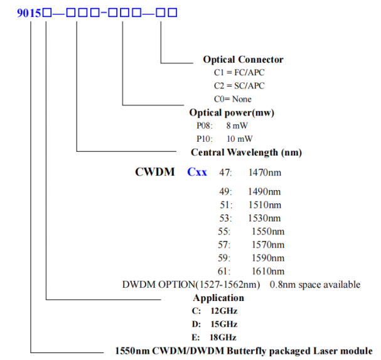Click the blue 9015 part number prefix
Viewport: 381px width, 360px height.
click(29, 13)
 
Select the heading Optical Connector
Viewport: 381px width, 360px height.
click(244, 60)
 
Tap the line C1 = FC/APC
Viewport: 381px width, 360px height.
click(239, 73)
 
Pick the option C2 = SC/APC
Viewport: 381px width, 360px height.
click(239, 86)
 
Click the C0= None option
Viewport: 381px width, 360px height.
click(232, 99)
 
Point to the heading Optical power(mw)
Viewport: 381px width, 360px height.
click(232, 113)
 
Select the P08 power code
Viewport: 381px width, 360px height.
click(205, 125)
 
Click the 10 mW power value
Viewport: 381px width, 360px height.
click(240, 139)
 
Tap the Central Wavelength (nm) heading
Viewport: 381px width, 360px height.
click(247, 152)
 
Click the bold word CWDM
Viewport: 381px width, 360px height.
click(155, 172)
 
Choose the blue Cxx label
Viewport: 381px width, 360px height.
click(197, 172)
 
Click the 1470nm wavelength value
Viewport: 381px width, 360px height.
click(265, 172)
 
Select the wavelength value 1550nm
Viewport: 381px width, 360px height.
click(268, 231)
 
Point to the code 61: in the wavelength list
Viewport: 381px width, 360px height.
click(224, 272)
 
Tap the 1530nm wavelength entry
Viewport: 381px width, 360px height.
click(264, 218)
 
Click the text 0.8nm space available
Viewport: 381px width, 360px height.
click(315, 285)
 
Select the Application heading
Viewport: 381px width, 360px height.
click(218, 298)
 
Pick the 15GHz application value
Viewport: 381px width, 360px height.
click(224, 324)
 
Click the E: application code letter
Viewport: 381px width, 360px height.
click(196, 337)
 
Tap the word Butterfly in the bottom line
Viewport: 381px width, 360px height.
click(247, 351)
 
